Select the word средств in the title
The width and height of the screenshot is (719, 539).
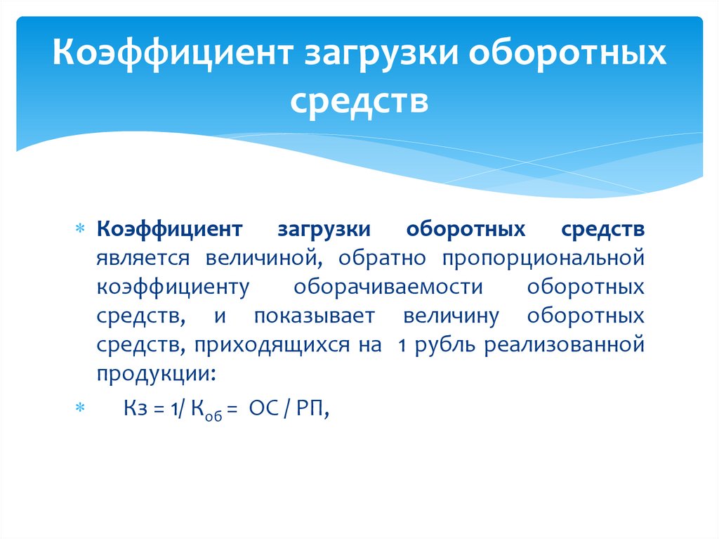[359, 101]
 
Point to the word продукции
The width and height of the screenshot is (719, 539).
[156, 374]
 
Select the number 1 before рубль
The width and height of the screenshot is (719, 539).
[402, 345]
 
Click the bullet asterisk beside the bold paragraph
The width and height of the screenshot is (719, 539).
[79, 230]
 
